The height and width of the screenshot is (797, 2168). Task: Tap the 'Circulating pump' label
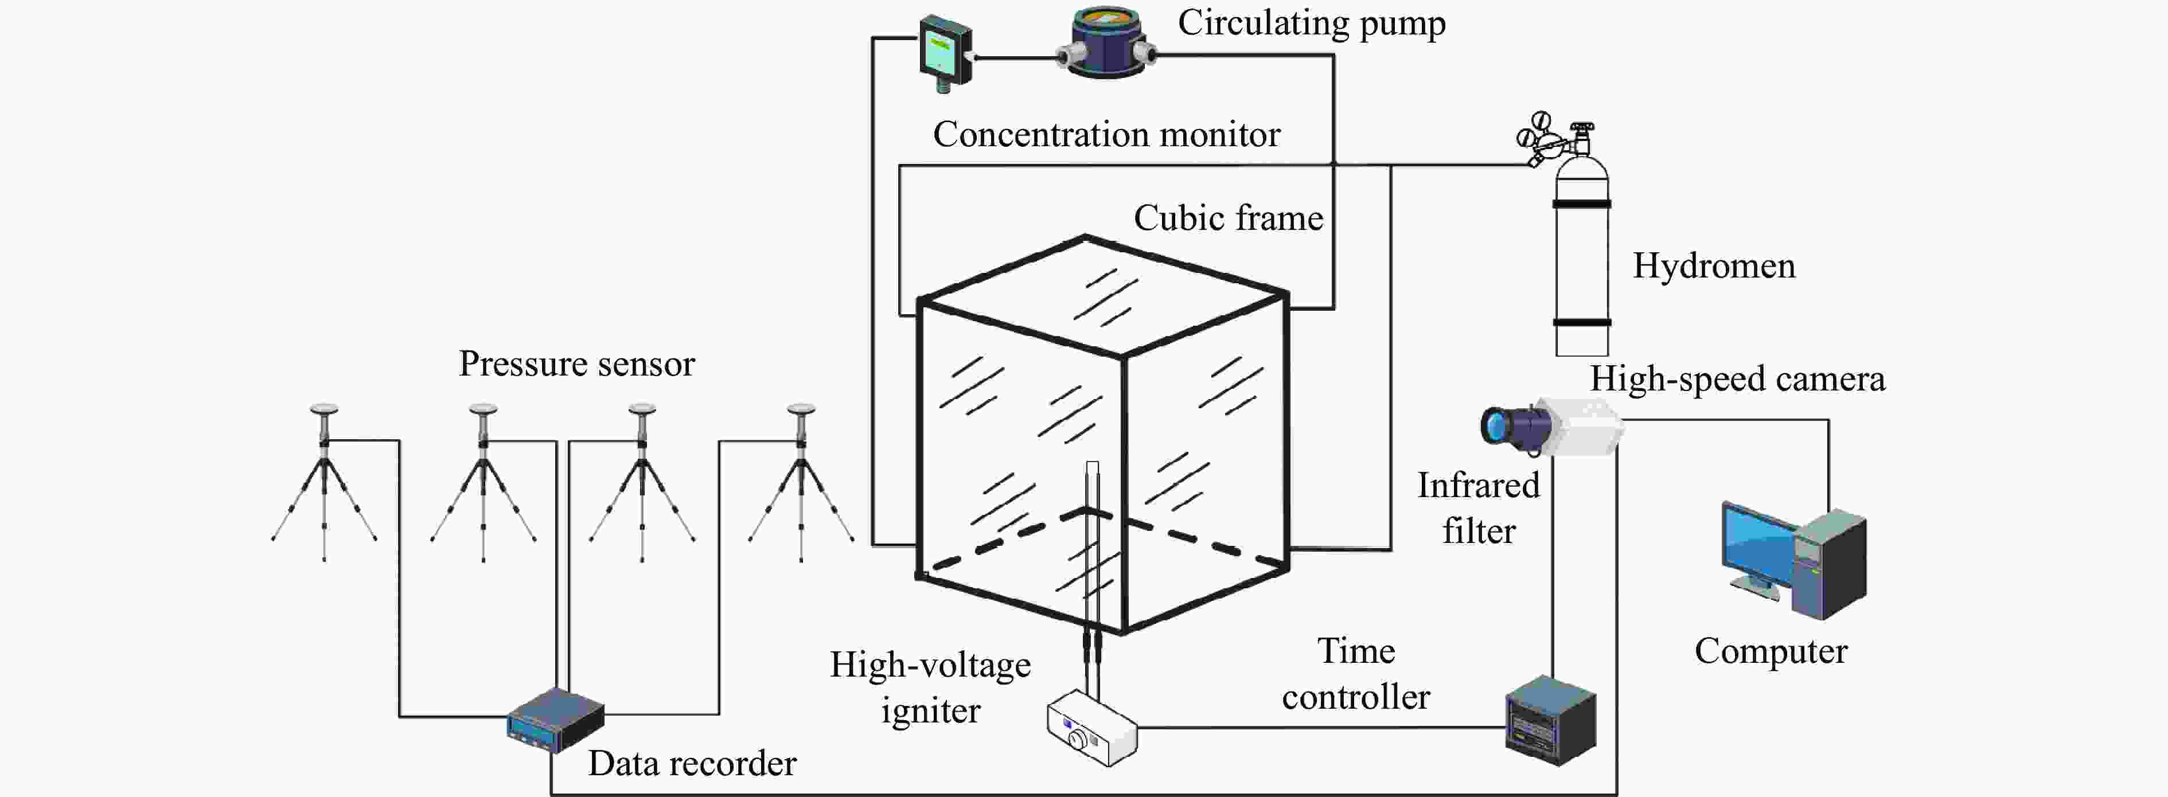coord(1311,23)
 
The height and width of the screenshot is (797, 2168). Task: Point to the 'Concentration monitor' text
coord(1106,135)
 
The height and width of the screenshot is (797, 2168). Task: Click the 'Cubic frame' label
coord(1228,218)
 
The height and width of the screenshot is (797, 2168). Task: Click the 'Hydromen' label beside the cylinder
coord(1714,266)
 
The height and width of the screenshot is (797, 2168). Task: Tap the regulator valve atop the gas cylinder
coord(1553,139)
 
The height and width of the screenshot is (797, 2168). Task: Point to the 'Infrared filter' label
coord(1478,507)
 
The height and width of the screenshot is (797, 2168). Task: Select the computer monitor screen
coord(1757,547)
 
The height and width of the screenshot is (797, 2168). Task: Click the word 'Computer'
coord(1771,651)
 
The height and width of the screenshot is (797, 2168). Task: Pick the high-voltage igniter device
coord(1091,728)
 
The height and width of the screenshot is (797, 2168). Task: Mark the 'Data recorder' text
coord(691,763)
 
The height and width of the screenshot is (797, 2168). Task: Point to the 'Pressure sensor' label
coord(576,364)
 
